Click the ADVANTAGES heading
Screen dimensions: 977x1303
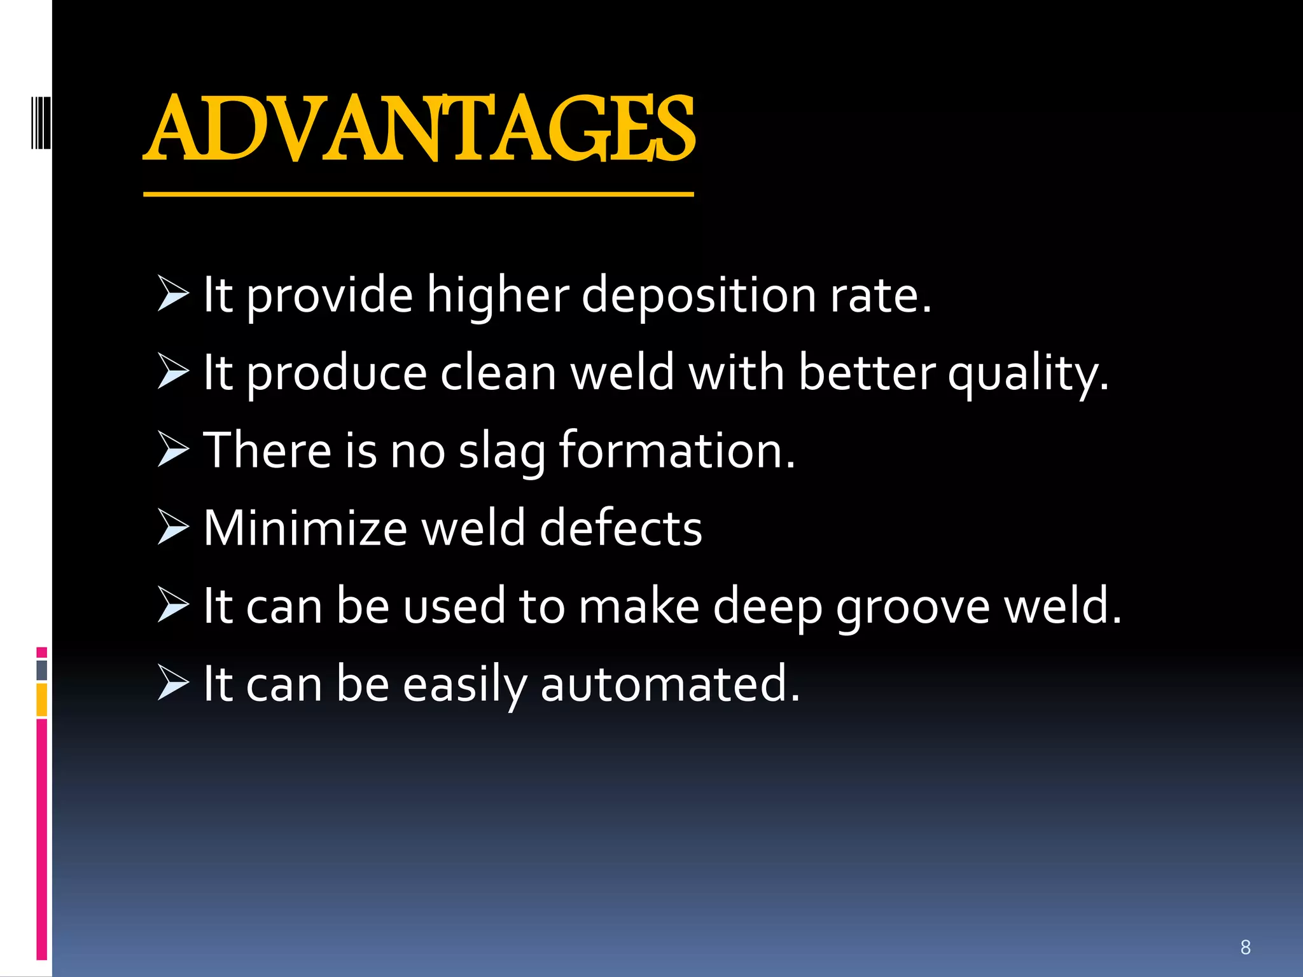click(x=420, y=128)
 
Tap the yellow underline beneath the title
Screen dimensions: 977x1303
click(x=418, y=194)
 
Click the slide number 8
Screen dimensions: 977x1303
click(x=1245, y=948)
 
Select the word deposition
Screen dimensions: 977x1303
click(x=699, y=296)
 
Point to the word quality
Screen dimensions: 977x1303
click(x=1028, y=374)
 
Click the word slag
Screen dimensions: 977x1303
click(x=501, y=452)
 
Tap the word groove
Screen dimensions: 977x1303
click(x=912, y=607)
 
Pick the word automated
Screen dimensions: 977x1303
click(x=669, y=684)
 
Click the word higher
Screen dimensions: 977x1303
click(x=498, y=296)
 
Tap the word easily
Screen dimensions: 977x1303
click(x=464, y=686)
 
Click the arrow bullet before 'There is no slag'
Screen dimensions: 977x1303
click(x=173, y=449)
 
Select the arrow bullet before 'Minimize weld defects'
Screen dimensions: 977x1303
click(x=173, y=527)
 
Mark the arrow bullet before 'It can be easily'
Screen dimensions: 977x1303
click(x=173, y=683)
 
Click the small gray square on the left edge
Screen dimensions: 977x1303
click(x=42, y=670)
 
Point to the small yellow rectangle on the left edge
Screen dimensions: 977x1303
click(x=42, y=699)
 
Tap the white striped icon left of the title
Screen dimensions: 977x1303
click(x=41, y=122)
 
